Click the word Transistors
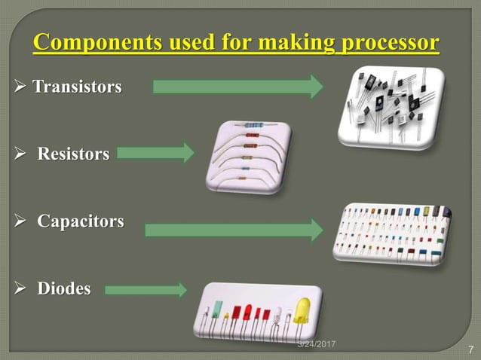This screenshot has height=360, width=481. click(x=76, y=87)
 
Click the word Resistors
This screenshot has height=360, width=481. click(x=73, y=154)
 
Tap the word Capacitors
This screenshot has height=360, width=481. click(x=81, y=223)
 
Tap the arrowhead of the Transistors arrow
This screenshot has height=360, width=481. click(x=315, y=87)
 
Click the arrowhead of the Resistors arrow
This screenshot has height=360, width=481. click(x=187, y=154)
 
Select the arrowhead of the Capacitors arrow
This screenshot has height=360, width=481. click(x=317, y=229)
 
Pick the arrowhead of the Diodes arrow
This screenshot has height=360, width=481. click(x=180, y=289)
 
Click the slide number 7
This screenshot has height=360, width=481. click(x=470, y=349)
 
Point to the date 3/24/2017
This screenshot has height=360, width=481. click(x=316, y=343)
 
